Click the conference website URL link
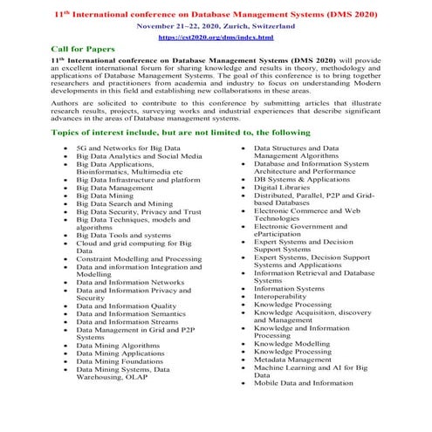point(216,38)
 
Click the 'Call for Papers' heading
point(82,51)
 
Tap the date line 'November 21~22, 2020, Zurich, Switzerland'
point(216,26)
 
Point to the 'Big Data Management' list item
point(114,188)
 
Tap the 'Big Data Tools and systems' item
point(123,236)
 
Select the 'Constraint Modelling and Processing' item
point(138,259)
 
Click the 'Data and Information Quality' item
point(125,306)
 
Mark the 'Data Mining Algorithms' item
point(117,346)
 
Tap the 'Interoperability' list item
point(283,297)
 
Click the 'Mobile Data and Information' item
point(303,383)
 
